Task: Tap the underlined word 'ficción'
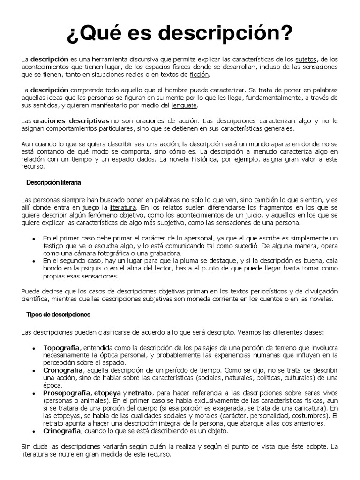pyautogui.click(x=199, y=75)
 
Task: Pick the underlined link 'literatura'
pyautogui.click(x=123, y=207)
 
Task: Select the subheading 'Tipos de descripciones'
pyautogui.click(x=58, y=315)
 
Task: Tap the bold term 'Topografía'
pyautogui.click(x=61, y=348)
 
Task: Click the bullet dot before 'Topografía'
pyautogui.click(x=34, y=348)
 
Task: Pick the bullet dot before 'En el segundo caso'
pyautogui.click(x=34, y=260)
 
